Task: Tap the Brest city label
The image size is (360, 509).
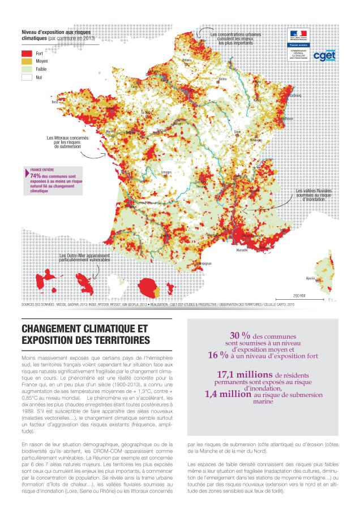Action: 55,102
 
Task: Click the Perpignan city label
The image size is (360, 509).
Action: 204,264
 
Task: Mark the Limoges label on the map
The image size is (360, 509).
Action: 166,171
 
